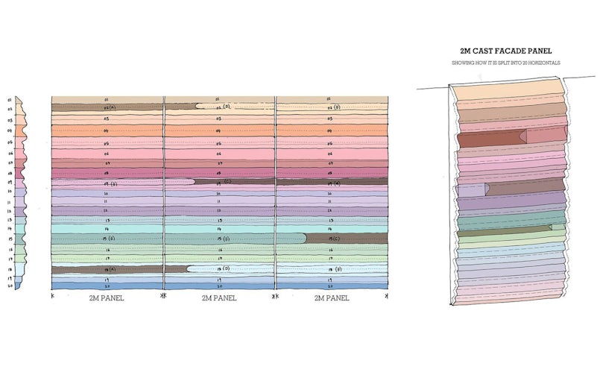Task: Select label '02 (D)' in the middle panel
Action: click(x=220, y=108)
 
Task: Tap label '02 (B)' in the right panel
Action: click(x=332, y=108)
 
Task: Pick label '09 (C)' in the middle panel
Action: click(x=221, y=182)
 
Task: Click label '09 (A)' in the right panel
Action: click(x=332, y=182)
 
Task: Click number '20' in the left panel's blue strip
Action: click(x=107, y=286)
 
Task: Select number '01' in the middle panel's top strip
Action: click(x=218, y=99)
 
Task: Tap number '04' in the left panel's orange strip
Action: click(x=107, y=130)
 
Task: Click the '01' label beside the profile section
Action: click(x=10, y=99)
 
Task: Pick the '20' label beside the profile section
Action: click(x=10, y=286)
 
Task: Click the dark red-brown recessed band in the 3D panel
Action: click(x=488, y=138)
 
